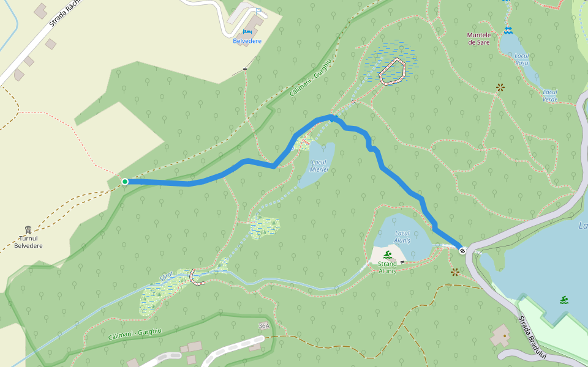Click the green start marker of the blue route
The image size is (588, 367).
point(125,182)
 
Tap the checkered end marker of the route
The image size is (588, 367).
point(462,250)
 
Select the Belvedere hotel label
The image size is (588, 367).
point(247,41)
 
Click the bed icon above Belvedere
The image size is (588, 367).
point(247,32)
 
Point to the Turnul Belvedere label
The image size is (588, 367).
point(28,242)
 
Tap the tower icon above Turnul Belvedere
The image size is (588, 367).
point(28,230)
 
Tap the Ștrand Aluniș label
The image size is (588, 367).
point(387,267)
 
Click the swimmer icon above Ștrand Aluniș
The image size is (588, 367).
point(387,255)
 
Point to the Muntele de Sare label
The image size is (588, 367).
point(479,39)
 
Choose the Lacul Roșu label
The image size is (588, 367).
point(521,59)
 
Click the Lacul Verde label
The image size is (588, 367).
point(550,95)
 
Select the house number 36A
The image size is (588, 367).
point(264,326)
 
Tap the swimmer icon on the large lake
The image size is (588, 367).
point(563,299)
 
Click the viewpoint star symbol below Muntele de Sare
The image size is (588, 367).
point(500,87)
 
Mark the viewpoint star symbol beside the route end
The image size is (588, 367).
point(454,272)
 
